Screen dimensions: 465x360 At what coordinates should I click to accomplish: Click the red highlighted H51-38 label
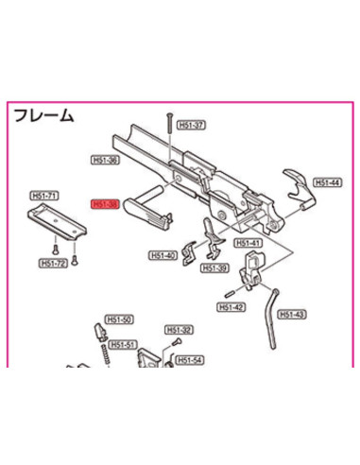pos(103,202)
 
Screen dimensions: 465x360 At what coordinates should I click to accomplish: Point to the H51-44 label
pos(327,183)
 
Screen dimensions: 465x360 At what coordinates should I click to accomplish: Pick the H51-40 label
pos(164,255)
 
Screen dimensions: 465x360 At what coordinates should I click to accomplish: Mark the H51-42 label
pos(231,306)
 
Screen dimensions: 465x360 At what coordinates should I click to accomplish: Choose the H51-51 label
pos(125,344)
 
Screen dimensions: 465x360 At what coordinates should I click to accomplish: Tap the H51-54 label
pos(190,360)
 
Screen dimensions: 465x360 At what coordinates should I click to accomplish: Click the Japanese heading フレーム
pos(43,115)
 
